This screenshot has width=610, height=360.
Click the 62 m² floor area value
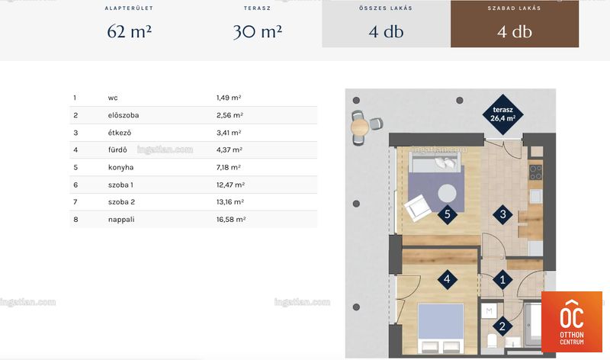point(129,31)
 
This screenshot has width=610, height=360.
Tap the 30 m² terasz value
point(258,31)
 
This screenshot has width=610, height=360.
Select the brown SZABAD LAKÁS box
point(514,24)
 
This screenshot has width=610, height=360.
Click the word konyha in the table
point(120,167)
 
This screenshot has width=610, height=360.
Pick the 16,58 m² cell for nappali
point(231,220)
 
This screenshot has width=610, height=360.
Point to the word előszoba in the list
point(124,115)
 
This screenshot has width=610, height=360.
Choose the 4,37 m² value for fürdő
point(230,149)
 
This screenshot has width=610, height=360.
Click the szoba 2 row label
point(121,202)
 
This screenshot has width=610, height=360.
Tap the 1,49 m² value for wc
point(229,98)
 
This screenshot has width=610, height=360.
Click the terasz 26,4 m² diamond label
point(503,114)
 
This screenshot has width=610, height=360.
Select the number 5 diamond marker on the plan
point(448,214)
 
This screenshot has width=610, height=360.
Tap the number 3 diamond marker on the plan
point(502,214)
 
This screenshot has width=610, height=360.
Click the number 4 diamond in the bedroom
point(447,279)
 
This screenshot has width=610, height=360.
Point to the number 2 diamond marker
point(502,326)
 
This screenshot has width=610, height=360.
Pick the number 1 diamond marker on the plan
point(502,280)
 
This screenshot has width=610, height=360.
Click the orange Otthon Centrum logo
point(571,322)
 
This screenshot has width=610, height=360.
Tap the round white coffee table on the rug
point(447,193)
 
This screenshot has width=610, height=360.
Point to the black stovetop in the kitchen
point(536,172)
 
